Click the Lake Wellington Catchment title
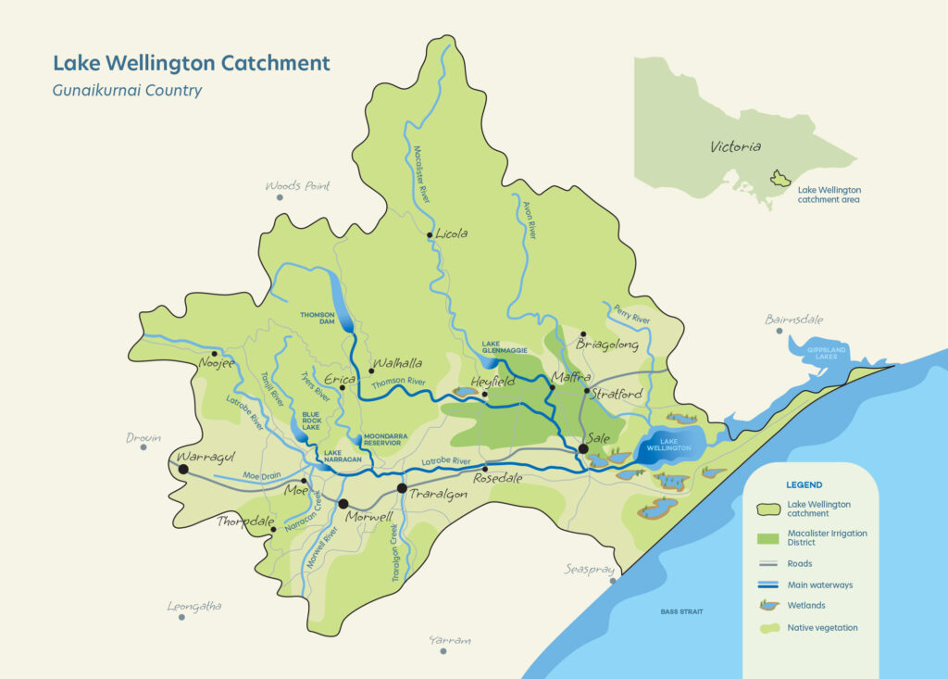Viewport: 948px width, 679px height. [191, 63]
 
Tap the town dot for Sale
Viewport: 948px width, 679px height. [583, 449]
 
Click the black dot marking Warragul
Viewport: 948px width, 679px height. [183, 470]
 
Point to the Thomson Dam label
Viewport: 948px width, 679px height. [317, 320]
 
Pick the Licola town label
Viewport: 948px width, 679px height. [452, 233]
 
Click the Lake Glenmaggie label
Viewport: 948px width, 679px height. [504, 348]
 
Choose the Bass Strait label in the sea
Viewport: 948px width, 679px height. [682, 611]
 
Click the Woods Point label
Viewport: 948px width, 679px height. [297, 186]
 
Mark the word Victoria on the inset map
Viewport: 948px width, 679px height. [735, 146]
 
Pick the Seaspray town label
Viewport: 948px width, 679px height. [589, 569]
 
